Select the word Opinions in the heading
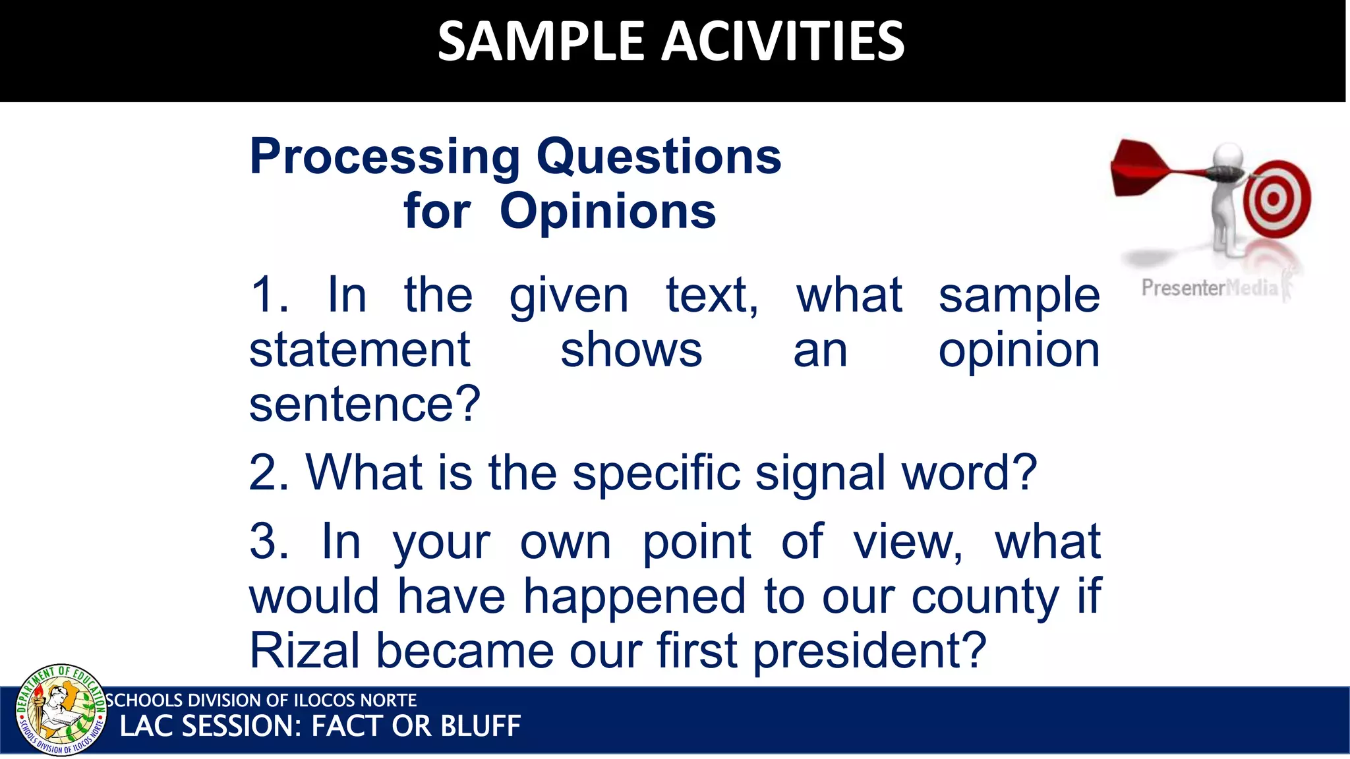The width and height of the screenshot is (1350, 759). [607, 211]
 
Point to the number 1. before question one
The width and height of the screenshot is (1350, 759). [269, 295]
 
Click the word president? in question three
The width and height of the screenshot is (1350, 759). [869, 650]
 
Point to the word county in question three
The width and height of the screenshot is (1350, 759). [985, 596]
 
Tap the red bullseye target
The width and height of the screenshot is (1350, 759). [1276, 198]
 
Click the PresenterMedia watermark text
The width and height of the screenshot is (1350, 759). [1209, 288]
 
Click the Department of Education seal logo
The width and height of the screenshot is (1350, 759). [61, 710]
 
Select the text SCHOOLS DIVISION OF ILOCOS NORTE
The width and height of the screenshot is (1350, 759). [261, 700]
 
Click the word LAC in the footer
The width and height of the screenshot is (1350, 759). [146, 726]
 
